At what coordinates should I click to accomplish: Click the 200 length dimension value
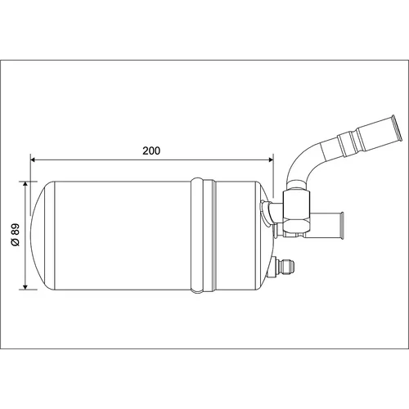(x=151, y=151)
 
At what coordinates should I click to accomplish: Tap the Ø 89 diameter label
(x=16, y=235)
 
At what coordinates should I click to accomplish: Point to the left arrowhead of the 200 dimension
(x=33, y=160)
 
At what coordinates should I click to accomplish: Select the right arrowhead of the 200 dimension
(x=271, y=160)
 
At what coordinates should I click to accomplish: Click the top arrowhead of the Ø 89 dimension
(x=25, y=184)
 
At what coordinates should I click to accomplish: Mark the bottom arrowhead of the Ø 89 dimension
(x=25, y=286)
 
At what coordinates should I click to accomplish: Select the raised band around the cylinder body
(x=204, y=236)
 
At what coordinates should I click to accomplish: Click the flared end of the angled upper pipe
(x=396, y=128)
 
